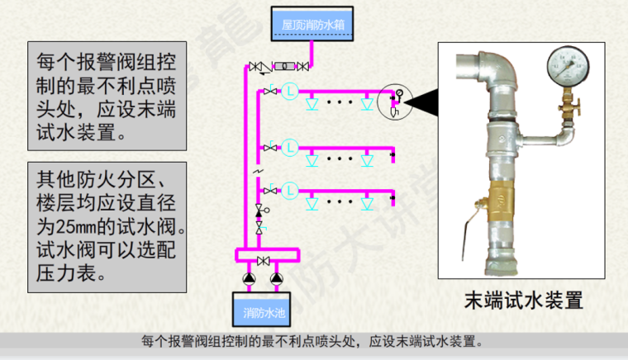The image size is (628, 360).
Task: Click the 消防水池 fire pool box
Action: pos(264,313)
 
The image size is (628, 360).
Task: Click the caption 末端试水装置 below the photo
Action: pos(523,299)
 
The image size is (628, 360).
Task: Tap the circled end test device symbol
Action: pos(394,102)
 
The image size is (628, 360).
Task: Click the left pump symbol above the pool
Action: pos(247,277)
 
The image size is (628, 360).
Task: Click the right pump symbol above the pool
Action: pos(278,277)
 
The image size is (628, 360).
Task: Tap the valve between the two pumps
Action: pos(263,262)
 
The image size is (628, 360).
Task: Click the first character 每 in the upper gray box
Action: pos(47,61)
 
